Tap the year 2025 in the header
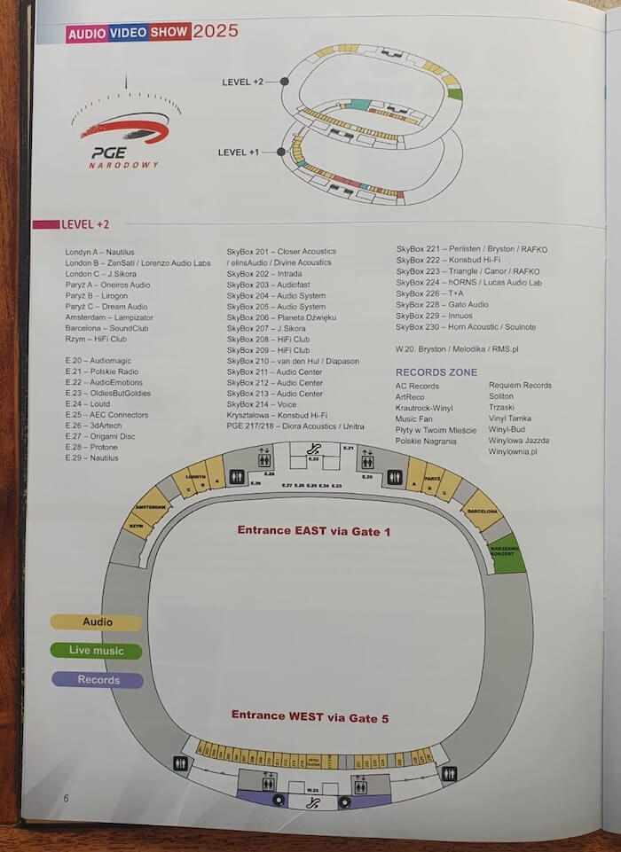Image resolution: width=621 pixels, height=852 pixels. tap(216, 31)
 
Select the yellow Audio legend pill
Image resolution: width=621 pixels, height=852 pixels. tap(98, 622)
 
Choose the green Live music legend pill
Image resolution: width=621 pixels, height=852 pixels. tap(97, 651)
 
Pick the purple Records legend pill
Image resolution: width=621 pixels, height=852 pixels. tap(98, 680)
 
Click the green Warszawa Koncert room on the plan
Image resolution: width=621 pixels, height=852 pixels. tap(508, 555)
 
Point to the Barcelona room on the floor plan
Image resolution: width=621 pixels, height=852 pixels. tap(482, 511)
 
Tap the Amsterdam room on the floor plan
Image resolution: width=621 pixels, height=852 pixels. tap(150, 506)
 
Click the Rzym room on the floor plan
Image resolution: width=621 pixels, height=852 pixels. tap(138, 526)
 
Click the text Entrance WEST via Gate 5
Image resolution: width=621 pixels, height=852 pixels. tap(310, 715)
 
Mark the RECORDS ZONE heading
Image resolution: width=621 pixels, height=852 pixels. tap(436, 372)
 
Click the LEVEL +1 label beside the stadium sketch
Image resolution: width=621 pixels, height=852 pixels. tap(238, 152)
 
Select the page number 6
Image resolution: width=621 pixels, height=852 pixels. tap(67, 798)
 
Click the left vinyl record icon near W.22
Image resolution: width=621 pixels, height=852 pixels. tap(279, 801)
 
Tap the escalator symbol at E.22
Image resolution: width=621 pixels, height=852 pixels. tap(312, 448)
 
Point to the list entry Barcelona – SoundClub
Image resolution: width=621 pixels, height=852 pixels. tap(106, 328)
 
